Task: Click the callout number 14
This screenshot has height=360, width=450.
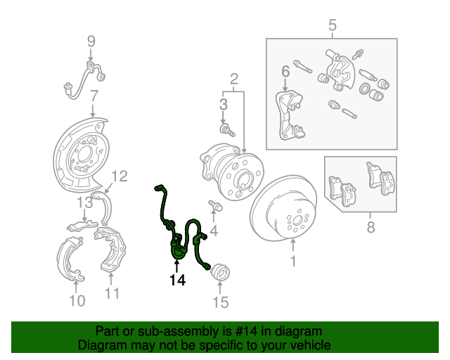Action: point(176,281)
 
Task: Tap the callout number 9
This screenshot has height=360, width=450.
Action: point(91,41)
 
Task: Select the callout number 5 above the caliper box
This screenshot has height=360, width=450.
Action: point(332,26)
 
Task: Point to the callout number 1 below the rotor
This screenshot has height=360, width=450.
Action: point(293,262)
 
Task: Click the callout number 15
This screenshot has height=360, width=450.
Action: point(221,303)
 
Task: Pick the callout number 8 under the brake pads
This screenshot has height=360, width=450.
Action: point(371,226)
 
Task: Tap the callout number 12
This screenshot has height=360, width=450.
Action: point(120,176)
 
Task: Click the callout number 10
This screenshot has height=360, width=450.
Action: point(77,302)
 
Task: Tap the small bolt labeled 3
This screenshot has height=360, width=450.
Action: point(226,129)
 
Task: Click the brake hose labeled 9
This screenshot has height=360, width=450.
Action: point(84,76)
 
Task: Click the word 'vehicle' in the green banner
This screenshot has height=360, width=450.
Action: point(308,346)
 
